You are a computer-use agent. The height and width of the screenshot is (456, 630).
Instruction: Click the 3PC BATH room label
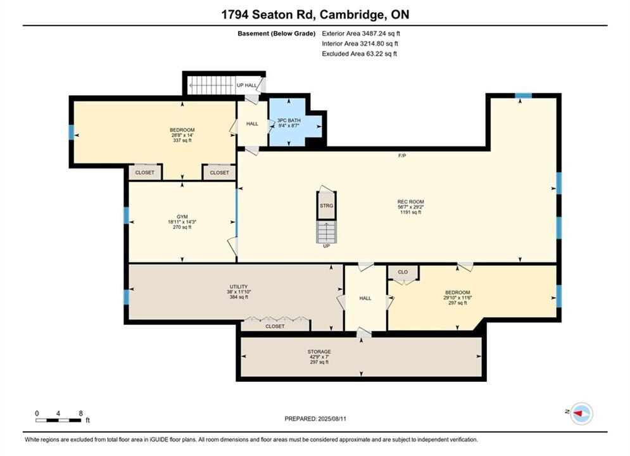(289, 120)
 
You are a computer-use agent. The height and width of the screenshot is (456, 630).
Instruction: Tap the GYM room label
(182, 217)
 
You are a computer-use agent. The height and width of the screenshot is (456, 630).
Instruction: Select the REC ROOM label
(411, 201)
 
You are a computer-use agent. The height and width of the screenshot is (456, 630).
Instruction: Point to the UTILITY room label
(239, 287)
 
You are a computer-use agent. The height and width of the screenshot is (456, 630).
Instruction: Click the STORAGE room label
(319, 351)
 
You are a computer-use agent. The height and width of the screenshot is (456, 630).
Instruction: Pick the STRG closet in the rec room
(326, 206)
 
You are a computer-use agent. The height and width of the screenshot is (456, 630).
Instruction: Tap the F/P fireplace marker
(402, 155)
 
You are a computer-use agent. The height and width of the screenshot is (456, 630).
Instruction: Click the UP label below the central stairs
(326, 246)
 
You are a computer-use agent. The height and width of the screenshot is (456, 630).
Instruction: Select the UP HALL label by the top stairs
(247, 85)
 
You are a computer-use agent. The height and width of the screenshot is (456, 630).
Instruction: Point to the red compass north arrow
(579, 413)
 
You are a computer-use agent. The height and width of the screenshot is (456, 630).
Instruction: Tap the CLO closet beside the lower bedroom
(403, 272)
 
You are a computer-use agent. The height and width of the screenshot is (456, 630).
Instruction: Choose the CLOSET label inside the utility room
(275, 326)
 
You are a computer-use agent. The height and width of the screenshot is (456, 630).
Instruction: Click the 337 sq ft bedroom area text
(182, 141)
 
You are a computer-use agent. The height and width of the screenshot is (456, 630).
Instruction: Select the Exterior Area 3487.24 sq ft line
(361, 34)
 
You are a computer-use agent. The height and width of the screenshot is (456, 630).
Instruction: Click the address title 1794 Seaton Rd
(270, 15)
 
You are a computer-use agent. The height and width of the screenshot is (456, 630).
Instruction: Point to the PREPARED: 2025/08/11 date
(315, 419)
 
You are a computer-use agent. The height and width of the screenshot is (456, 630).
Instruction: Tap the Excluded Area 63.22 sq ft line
(359, 54)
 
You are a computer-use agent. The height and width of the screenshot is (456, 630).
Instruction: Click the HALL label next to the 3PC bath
(253, 123)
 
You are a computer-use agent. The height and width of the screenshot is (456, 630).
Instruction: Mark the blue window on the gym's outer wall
(126, 215)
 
